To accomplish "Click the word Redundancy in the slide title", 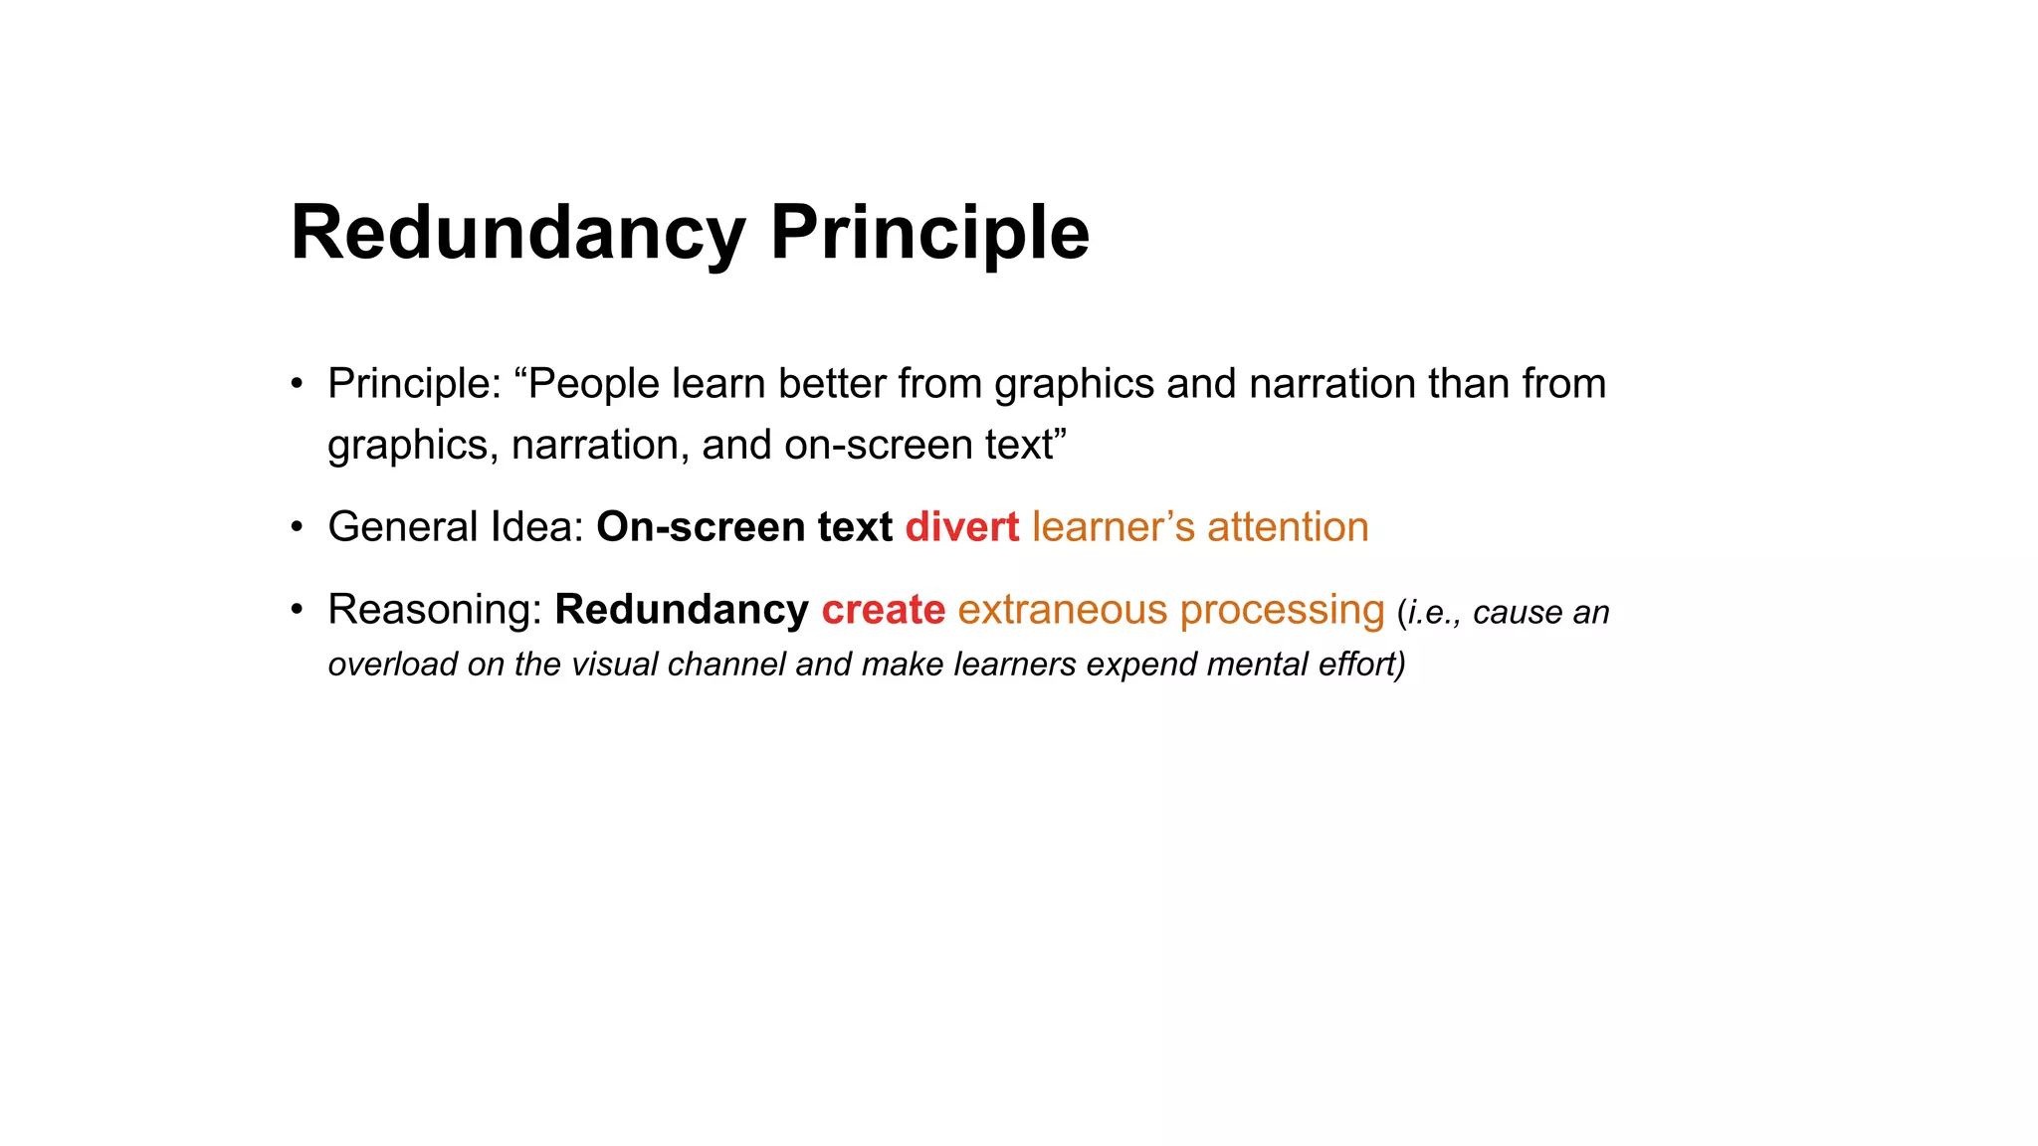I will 517,233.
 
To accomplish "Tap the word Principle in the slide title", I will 929,233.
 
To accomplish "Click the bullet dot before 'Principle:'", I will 297,384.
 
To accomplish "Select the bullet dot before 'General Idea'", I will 297,527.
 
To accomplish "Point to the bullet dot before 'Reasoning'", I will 297,610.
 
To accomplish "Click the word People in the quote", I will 593,384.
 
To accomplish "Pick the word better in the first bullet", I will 832,384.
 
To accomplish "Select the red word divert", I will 961,527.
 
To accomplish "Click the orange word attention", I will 1288,527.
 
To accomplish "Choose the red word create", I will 883,610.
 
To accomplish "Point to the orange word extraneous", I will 1063,610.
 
